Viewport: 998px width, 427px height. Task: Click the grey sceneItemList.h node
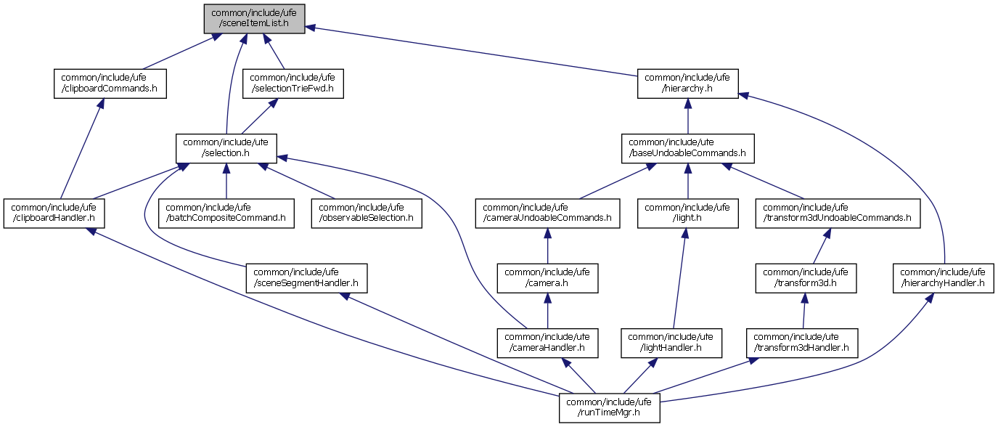(254, 18)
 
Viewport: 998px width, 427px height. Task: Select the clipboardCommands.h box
(110, 84)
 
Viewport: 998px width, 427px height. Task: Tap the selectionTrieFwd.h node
(293, 84)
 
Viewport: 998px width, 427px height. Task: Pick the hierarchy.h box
(688, 84)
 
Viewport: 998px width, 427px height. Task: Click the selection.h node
(226, 147)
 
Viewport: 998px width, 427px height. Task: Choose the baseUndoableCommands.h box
(687, 147)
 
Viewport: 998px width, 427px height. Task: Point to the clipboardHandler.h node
(54, 213)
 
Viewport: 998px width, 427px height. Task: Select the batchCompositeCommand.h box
(226, 213)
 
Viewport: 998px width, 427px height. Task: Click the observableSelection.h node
(367, 213)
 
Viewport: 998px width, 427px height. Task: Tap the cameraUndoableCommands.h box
(547, 213)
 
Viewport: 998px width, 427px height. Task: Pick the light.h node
(688, 213)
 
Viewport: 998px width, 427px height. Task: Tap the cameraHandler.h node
(547, 343)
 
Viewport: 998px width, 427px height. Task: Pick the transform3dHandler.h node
(802, 343)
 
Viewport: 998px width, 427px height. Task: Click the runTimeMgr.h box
(609, 407)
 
